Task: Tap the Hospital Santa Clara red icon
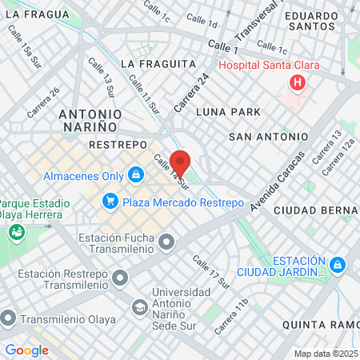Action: click(298, 82)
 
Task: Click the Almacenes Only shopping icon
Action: click(135, 174)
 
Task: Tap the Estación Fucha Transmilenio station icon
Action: click(166, 241)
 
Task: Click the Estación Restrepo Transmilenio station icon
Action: click(120, 278)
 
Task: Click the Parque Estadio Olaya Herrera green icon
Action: click(15, 233)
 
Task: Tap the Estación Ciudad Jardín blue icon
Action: click(338, 264)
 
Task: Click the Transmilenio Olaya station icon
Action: click(8, 318)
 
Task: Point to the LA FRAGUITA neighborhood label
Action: click(158, 63)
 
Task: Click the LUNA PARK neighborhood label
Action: click(234, 112)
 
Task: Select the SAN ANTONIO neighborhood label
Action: click(268, 137)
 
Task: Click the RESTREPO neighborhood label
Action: click(118, 145)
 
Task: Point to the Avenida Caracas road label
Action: click(277, 182)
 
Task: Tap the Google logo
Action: click(26, 350)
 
